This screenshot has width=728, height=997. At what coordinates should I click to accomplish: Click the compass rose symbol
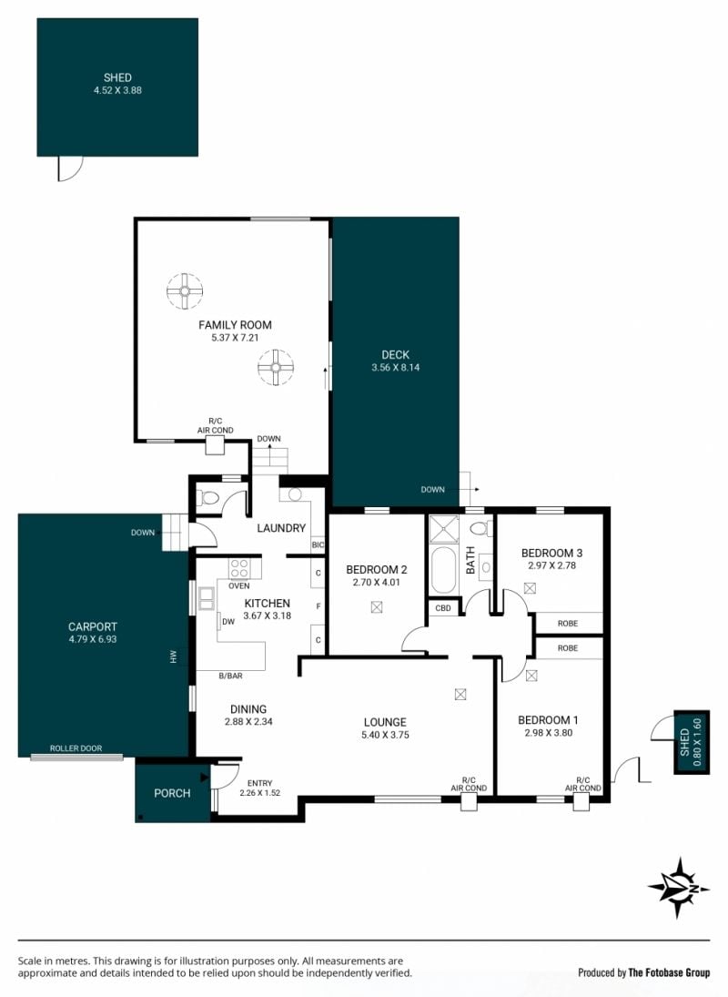679,888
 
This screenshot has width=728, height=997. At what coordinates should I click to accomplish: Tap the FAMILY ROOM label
235,325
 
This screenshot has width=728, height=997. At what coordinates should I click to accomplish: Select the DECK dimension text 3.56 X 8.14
396,368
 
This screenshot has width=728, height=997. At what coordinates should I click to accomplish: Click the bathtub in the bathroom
443,570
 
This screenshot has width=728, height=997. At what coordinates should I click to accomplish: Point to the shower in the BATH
444,529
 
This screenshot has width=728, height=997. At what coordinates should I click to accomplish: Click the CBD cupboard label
443,608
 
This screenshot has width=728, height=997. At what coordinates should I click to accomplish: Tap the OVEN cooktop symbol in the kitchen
238,568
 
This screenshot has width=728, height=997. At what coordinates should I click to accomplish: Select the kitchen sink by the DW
207,599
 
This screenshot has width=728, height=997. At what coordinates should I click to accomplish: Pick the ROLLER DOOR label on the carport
76,748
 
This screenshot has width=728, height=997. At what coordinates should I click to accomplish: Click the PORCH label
172,794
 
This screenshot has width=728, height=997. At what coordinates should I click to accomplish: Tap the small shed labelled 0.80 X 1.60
692,742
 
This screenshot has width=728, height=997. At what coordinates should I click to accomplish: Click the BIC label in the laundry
318,544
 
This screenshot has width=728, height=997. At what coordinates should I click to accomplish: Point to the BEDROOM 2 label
377,570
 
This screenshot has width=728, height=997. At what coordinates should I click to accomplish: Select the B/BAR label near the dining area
230,676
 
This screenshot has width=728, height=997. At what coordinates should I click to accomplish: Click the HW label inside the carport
173,656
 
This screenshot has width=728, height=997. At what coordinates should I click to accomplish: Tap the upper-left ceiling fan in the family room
185,291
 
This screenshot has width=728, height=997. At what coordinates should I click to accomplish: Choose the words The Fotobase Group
669,972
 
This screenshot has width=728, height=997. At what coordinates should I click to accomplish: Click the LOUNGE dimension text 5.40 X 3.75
386,735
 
